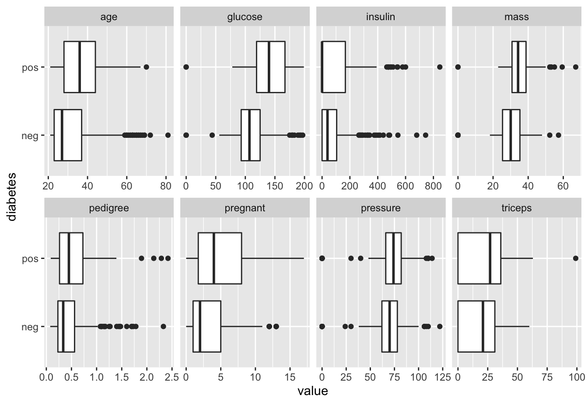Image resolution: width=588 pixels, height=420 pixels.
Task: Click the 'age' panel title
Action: (x=109, y=17)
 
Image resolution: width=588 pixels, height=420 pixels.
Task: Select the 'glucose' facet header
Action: (x=245, y=17)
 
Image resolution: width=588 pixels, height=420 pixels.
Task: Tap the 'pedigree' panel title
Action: (x=109, y=208)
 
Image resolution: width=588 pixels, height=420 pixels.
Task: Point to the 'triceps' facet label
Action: (x=516, y=208)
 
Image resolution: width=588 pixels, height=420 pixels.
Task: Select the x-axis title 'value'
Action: (x=312, y=391)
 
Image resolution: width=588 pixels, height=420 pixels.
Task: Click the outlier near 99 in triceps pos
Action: (x=575, y=259)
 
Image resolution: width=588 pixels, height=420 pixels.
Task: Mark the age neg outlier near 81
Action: (x=168, y=135)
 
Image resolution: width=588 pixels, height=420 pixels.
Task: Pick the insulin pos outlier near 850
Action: (x=440, y=67)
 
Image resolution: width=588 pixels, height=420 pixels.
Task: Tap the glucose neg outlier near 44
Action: (x=212, y=135)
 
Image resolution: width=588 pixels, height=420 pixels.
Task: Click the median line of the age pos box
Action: (x=79, y=67)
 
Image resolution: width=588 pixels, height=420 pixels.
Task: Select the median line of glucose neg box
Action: (x=249, y=135)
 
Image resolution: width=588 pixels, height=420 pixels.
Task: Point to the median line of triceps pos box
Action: (x=490, y=259)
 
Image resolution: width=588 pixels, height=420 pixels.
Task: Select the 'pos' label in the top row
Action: (x=30, y=67)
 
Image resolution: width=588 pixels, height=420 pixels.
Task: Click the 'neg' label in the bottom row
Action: (x=30, y=327)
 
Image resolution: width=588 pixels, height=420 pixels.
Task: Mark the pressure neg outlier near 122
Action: (x=440, y=326)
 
